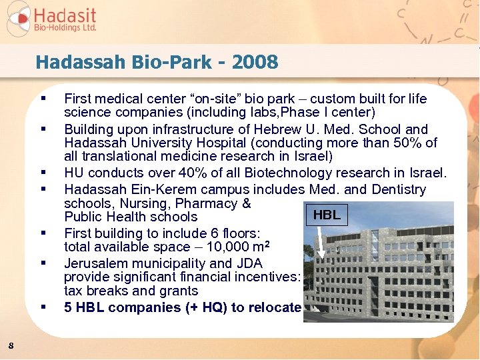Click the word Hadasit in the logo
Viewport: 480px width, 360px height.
coord(65,15)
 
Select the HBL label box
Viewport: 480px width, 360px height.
coord(327,215)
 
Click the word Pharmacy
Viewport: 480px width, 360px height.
coord(209,203)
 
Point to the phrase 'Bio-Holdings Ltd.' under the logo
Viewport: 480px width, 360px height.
coord(65,28)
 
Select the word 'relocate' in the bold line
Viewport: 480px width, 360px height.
coord(275,307)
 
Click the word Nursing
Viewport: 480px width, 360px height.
coord(134,203)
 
